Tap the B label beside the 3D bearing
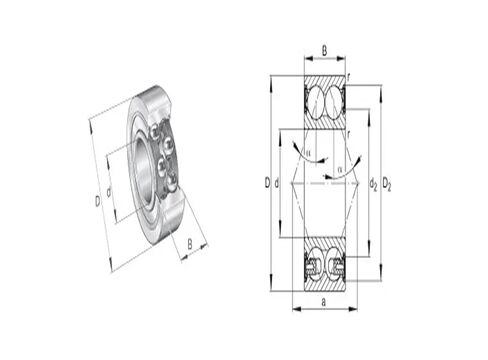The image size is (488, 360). [190, 243]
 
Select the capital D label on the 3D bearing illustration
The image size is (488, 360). [97, 201]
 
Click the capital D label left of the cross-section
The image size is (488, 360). [267, 182]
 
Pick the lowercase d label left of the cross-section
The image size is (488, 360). [277, 182]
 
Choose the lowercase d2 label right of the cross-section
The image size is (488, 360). [372, 183]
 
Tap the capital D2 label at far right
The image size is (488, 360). [387, 183]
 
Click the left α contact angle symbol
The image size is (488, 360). [309, 153]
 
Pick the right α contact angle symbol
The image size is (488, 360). [340, 170]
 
